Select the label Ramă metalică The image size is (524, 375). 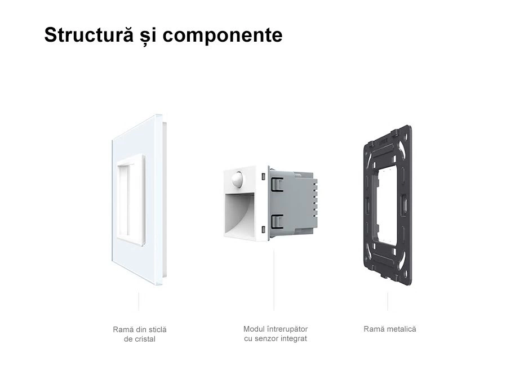tap(390, 329)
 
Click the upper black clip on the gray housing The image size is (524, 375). tap(276, 184)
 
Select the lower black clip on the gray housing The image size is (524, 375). tap(276, 221)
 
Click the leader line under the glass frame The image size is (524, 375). tap(139, 301)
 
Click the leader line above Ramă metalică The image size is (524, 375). tap(388, 301)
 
